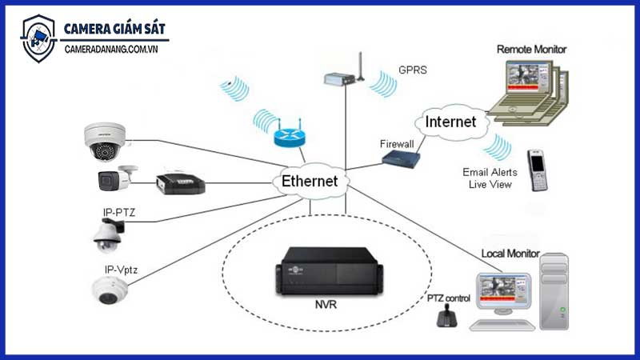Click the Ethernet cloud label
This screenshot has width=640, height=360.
[x=310, y=182]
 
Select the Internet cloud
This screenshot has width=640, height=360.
[x=450, y=122]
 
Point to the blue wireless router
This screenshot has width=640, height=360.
[x=289, y=137]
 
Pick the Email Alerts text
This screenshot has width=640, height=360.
[x=490, y=172]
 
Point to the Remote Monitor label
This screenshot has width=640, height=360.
[x=531, y=50]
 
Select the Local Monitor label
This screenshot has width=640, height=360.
[x=510, y=254]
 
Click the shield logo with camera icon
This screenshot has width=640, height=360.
[x=38, y=38]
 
